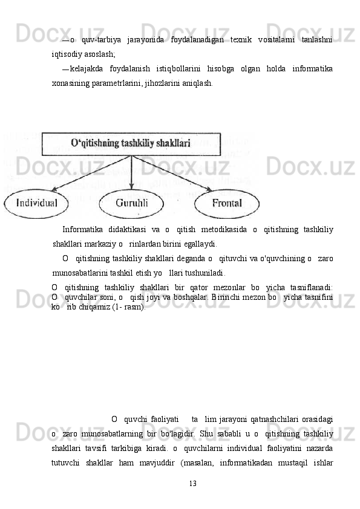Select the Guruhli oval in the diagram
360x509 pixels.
131,204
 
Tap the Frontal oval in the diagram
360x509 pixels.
226,204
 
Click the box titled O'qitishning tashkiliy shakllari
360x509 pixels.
130,143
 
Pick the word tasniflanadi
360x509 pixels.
312,287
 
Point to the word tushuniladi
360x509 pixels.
206,271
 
